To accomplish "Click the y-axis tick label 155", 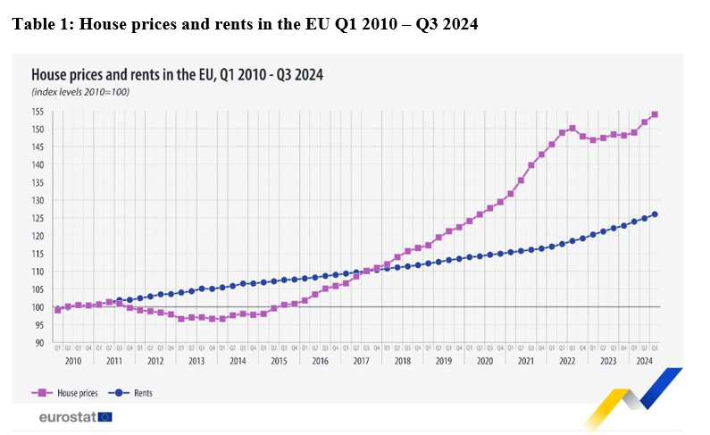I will [x=38, y=112].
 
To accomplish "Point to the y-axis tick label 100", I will [x=38, y=307].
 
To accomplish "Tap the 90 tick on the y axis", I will [x=39, y=343].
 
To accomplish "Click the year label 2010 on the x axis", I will [x=72, y=361].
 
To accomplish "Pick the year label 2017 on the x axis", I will [x=362, y=361].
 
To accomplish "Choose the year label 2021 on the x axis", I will [x=526, y=361].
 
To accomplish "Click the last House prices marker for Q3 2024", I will [x=656, y=114].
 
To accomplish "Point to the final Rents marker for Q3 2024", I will [x=656, y=213].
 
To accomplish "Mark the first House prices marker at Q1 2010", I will [x=57, y=310].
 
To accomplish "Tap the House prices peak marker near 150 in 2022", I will [x=572, y=129].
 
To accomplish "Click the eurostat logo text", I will [x=67, y=416].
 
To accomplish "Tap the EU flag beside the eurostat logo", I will [x=105, y=416].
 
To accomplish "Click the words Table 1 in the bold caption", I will [x=40, y=24].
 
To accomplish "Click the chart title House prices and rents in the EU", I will [x=176, y=75].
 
